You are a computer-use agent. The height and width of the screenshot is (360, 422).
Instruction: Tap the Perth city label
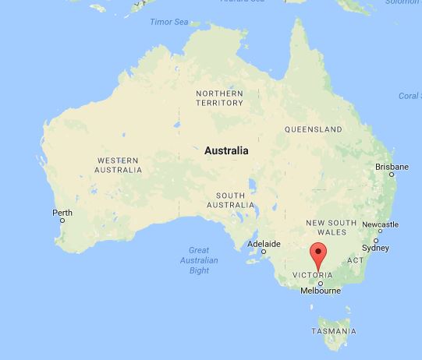click(x=62, y=213)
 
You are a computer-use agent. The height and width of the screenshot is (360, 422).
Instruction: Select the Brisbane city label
click(x=392, y=167)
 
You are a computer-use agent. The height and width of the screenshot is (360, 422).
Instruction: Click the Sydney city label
click(x=375, y=248)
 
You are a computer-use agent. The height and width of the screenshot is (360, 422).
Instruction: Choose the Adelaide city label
click(x=264, y=244)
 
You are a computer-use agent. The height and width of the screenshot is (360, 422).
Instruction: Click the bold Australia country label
click(x=226, y=150)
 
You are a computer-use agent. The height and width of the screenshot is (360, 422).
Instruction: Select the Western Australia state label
click(x=119, y=164)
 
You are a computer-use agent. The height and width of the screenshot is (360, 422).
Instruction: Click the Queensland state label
click(x=313, y=129)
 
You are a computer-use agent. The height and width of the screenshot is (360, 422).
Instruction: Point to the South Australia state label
click(x=230, y=199)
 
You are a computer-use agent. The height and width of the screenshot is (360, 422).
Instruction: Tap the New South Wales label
click(x=331, y=228)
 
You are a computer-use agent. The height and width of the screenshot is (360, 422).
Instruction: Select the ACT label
click(x=355, y=260)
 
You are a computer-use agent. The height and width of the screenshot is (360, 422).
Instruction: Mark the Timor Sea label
click(x=168, y=21)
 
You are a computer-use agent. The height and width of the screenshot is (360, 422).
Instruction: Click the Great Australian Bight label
click(x=199, y=260)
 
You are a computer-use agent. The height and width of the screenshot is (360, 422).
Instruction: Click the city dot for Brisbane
click(x=392, y=175)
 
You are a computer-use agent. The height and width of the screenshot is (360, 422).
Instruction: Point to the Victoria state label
click(x=317, y=275)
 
